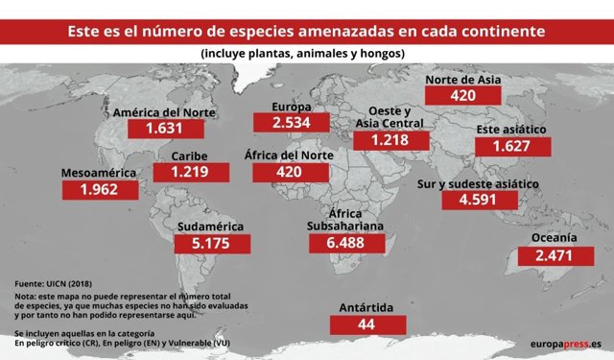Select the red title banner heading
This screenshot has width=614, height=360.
click(307, 31)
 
